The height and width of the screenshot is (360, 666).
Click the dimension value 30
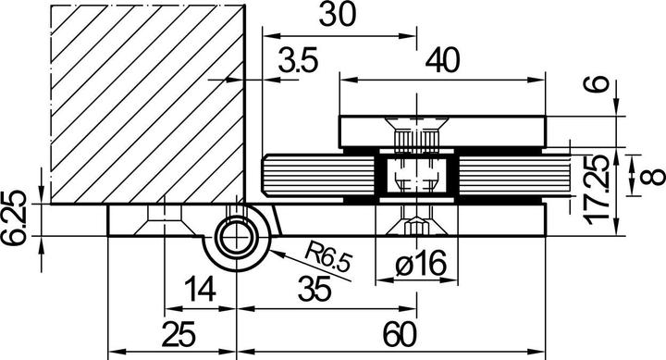[337, 16]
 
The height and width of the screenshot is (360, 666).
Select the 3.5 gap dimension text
[298, 60]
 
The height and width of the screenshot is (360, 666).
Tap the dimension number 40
[442, 60]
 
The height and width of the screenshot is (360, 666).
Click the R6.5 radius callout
[328, 259]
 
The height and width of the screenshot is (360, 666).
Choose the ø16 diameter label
[421, 264]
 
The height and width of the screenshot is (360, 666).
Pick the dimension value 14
[201, 290]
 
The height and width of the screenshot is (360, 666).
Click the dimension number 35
[314, 289]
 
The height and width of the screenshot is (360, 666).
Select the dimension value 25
[179, 334]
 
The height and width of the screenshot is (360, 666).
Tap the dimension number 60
[401, 334]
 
